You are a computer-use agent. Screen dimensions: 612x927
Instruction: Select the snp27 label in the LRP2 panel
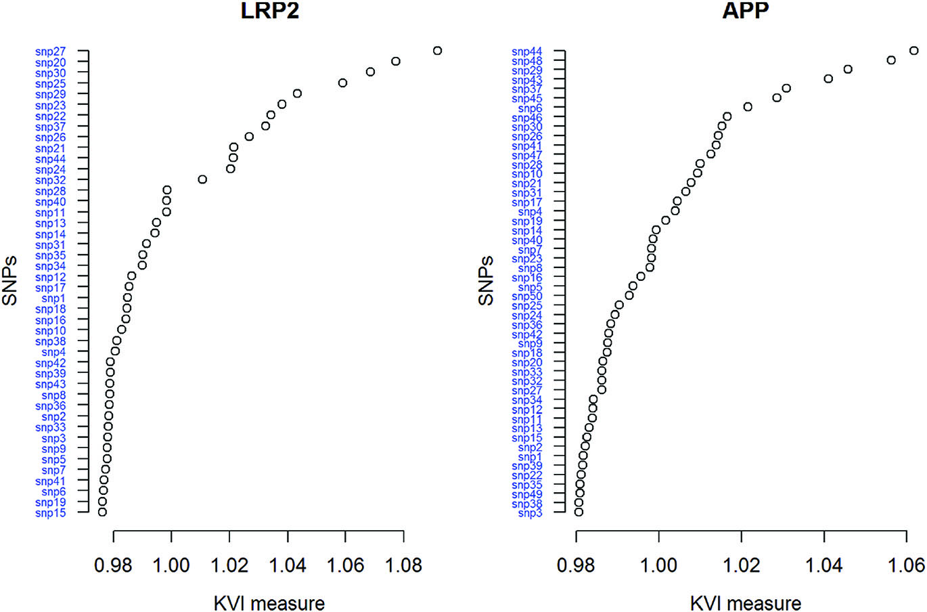pyautogui.click(x=51, y=51)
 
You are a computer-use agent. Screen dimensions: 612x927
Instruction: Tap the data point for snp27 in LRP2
pyautogui.click(x=437, y=51)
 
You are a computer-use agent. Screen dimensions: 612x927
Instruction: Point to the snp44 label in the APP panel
pyautogui.click(x=527, y=52)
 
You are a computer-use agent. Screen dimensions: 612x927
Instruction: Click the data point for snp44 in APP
pyautogui.click(x=913, y=51)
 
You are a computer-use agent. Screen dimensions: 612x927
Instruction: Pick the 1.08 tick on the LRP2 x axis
pyautogui.click(x=404, y=565)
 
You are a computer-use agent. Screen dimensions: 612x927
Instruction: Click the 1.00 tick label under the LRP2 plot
pyautogui.click(x=172, y=565)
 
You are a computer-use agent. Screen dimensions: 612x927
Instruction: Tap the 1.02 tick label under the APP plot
pyautogui.click(x=742, y=565)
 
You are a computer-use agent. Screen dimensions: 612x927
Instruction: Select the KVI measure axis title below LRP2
pyautogui.click(x=269, y=603)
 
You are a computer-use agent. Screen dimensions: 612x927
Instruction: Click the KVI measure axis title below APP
pyautogui.click(x=746, y=603)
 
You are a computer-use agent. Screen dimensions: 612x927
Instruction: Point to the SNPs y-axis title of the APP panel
pyautogui.click(x=486, y=281)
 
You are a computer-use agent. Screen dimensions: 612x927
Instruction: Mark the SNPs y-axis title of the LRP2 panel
pyautogui.click(x=9, y=281)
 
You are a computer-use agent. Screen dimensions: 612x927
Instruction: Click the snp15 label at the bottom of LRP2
pyautogui.click(x=51, y=513)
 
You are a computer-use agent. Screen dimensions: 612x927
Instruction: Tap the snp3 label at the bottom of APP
pyautogui.click(x=530, y=513)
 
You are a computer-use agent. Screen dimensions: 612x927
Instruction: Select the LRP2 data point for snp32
pyautogui.click(x=202, y=179)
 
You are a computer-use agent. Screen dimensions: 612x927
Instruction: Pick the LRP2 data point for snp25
pyautogui.click(x=342, y=83)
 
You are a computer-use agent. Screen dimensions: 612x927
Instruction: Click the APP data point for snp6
pyautogui.click(x=748, y=107)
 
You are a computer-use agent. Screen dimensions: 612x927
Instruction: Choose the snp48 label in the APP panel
pyautogui.click(x=527, y=62)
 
